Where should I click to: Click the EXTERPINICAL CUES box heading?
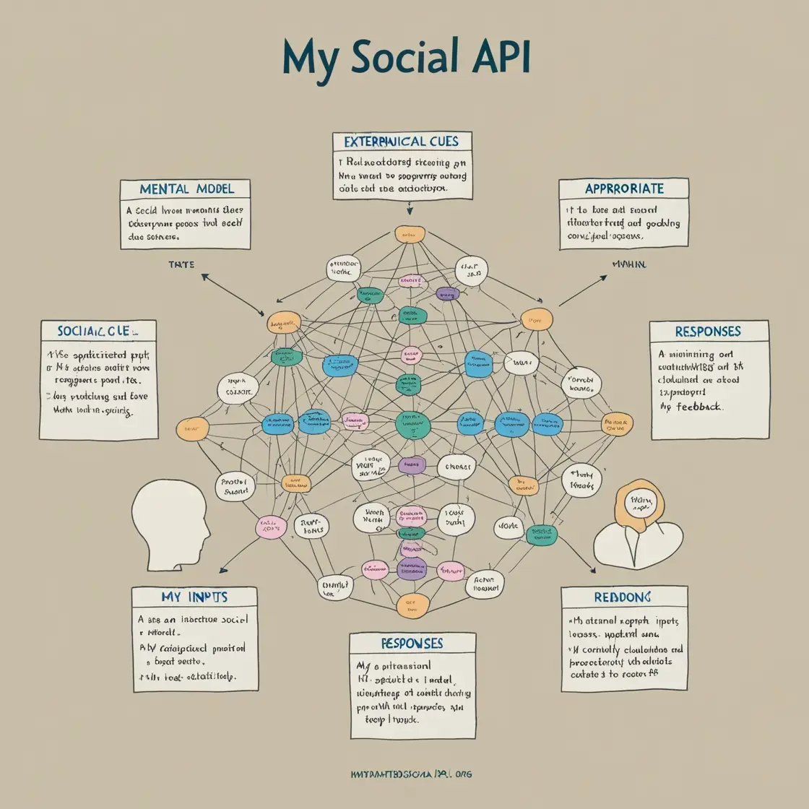(x=402, y=141)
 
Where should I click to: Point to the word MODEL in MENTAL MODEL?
(x=215, y=189)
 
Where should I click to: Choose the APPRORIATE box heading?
(x=624, y=189)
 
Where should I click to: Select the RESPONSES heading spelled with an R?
(x=707, y=332)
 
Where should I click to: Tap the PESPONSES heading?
(x=411, y=643)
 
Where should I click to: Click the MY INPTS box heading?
(x=194, y=597)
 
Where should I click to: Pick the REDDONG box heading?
(x=623, y=597)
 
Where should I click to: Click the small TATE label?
(x=181, y=265)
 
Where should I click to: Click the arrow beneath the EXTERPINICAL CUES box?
(x=409, y=207)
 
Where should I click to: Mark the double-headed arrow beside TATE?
(x=233, y=295)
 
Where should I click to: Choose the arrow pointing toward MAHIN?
(x=583, y=290)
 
